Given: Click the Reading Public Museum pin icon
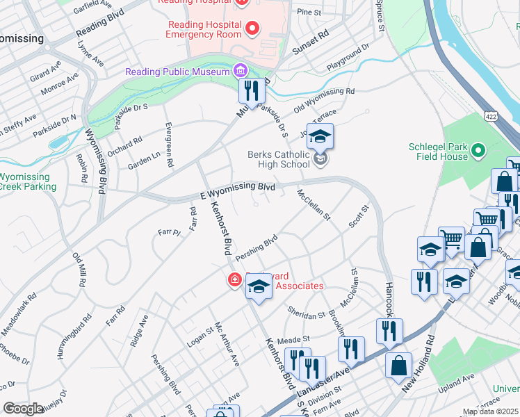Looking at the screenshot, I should click(241, 70).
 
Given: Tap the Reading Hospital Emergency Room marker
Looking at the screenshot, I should click(252, 28).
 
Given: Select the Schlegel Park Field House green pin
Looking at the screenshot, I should click(478, 150).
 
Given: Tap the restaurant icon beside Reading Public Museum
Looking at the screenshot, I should click(250, 91).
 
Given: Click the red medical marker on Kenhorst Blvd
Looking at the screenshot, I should click(235, 279).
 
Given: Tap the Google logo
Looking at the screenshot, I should click(24, 409).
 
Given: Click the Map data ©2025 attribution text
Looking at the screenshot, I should click(490, 411).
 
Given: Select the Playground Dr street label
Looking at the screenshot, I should click(350, 58).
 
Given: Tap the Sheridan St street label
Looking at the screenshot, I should click(307, 312).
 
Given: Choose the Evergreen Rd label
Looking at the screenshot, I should click(169, 145).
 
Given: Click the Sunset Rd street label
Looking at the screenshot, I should click(310, 43).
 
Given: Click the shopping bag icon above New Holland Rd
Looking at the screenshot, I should click(399, 366).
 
